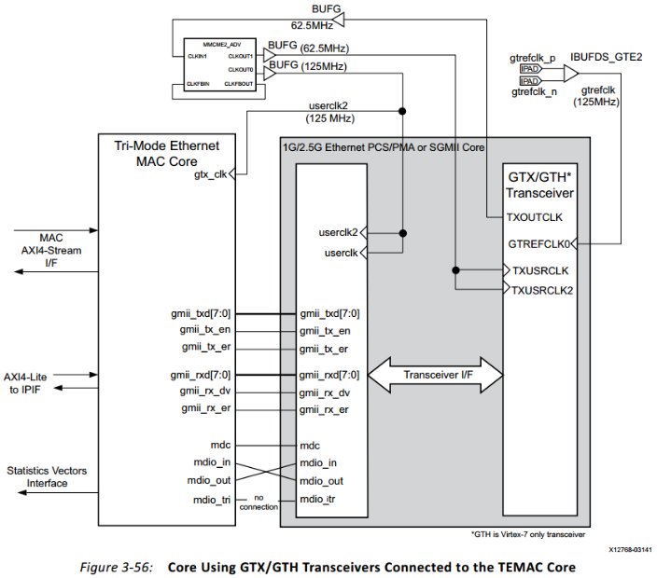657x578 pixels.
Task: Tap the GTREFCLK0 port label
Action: pos(538,244)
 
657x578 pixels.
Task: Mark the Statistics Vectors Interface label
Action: pos(47,476)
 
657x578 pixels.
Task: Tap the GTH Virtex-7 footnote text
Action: pos(530,533)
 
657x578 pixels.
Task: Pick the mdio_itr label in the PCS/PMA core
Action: pos(320,500)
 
